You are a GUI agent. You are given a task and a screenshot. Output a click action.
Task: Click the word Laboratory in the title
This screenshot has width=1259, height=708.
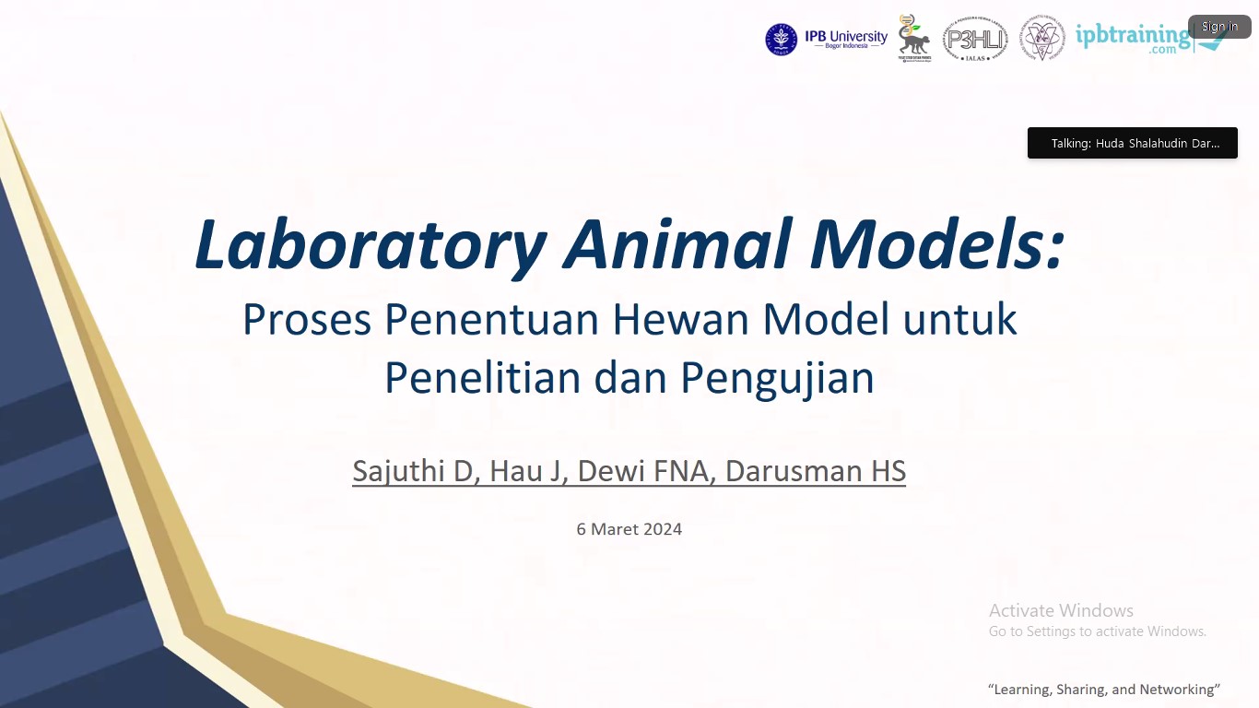[371, 244]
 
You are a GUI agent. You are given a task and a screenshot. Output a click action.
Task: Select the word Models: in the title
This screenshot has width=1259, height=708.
[937, 244]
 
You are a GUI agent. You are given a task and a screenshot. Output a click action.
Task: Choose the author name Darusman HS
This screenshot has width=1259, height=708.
[815, 471]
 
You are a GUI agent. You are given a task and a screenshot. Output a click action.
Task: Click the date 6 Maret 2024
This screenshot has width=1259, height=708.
[629, 529]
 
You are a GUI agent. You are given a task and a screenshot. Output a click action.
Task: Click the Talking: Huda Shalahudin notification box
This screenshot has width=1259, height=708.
[1132, 143]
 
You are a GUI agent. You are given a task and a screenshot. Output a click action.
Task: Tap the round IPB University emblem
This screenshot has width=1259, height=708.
[781, 40]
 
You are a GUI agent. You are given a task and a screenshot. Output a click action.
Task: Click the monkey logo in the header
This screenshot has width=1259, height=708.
[914, 40]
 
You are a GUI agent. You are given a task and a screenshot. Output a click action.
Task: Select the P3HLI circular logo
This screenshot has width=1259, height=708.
[974, 40]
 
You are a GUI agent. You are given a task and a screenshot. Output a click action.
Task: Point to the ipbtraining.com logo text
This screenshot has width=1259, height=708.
[1133, 38]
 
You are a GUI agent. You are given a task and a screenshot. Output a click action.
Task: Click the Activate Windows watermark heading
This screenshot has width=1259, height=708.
[1061, 610]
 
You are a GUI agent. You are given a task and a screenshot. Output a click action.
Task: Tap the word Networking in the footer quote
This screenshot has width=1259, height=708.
[1177, 690]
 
